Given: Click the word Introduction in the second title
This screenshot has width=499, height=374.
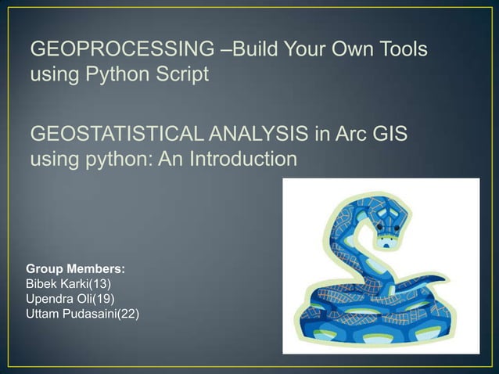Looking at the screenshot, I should click(x=245, y=160).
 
